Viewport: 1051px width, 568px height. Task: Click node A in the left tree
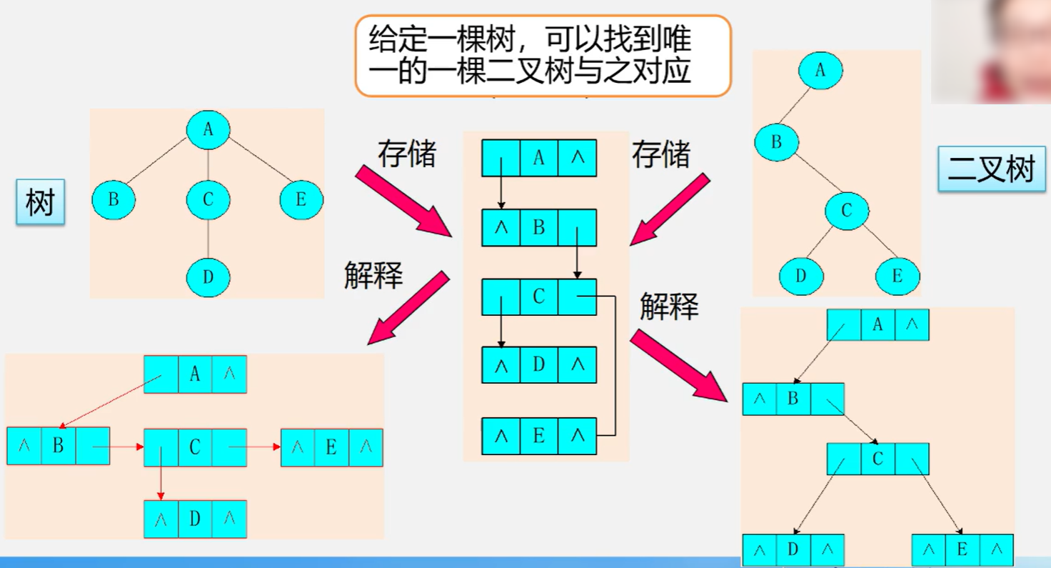(208, 129)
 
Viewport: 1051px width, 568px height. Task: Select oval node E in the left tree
(301, 200)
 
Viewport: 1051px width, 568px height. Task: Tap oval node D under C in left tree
(208, 276)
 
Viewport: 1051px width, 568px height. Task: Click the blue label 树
(41, 203)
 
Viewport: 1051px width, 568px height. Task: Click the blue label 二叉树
(991, 170)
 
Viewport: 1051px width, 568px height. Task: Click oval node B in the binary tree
(776, 142)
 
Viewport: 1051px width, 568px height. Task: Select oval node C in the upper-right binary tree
(847, 211)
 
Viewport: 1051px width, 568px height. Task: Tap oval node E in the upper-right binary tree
(897, 276)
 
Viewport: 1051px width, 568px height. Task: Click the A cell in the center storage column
(538, 158)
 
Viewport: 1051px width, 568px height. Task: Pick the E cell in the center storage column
(538, 436)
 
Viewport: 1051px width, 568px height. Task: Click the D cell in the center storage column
(538, 365)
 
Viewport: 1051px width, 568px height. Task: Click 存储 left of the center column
(407, 154)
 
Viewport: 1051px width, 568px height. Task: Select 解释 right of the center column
(668, 306)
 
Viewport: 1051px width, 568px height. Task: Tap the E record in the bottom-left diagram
(331, 447)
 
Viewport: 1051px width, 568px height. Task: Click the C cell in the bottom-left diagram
(195, 447)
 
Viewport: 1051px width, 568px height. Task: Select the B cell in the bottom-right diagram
(793, 399)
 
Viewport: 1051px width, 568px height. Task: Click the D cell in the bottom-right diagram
(793, 550)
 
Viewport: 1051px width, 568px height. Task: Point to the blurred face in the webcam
(1014, 43)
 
